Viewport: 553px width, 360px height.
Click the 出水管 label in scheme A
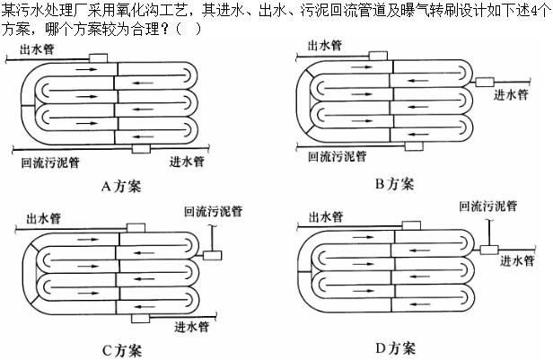tap(37, 49)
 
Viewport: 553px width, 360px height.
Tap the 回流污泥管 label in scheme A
tap(50, 162)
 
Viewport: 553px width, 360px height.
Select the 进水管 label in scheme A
tap(187, 162)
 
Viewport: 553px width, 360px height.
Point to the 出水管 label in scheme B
tap(325, 45)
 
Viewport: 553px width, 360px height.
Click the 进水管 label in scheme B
tap(511, 94)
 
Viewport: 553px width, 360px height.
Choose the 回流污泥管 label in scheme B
tap(338, 156)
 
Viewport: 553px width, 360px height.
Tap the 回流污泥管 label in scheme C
tap(214, 211)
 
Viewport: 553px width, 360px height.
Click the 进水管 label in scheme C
tap(192, 327)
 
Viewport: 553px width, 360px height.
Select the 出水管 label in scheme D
tap(326, 217)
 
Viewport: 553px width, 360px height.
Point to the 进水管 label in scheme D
tap(517, 261)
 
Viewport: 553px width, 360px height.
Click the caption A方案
tap(121, 186)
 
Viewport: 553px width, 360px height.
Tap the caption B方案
tap(395, 184)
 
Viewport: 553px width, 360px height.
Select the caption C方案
tap(122, 350)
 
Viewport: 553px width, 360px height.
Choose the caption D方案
tap(395, 348)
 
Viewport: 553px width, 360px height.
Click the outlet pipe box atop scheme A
tap(99, 58)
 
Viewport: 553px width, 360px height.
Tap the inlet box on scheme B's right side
tap(485, 83)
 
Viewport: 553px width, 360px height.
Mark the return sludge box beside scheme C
tap(213, 255)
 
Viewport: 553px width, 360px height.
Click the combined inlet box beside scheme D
tap(489, 250)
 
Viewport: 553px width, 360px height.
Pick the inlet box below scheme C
tap(140, 318)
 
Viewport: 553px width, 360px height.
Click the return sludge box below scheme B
tap(414, 146)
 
